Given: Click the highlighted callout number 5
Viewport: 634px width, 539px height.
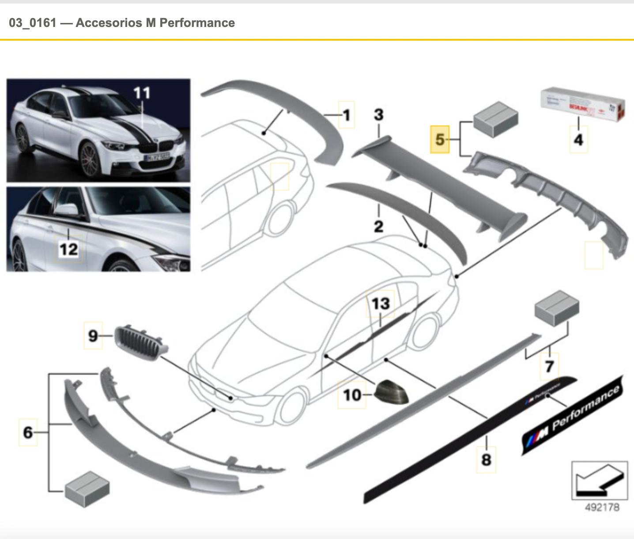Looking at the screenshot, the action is [x=440, y=140].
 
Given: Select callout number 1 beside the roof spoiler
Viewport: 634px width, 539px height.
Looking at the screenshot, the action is [x=347, y=115].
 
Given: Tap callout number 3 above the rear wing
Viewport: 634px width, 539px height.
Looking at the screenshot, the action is [x=378, y=115].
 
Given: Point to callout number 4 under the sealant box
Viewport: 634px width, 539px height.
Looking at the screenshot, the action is [x=578, y=140].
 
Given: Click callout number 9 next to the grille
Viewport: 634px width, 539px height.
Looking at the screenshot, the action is [x=93, y=336].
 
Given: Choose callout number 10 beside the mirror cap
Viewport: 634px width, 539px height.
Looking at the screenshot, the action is [x=352, y=395].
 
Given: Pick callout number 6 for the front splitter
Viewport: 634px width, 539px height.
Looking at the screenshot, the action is [x=28, y=432].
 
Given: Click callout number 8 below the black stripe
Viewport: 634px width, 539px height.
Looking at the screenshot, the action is [x=486, y=459].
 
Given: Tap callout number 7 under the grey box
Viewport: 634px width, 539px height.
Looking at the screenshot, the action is [x=549, y=366].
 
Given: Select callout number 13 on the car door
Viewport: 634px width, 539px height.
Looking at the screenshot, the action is [x=381, y=304].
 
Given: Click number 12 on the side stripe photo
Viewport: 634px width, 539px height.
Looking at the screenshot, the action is [x=68, y=250].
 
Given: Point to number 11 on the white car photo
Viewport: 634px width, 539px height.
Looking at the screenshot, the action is [x=142, y=93].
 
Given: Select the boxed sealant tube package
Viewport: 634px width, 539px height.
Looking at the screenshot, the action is [x=583, y=105].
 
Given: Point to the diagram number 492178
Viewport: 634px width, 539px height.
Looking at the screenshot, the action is [x=602, y=507].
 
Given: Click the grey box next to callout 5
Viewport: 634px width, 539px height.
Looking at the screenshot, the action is [x=495, y=118].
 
